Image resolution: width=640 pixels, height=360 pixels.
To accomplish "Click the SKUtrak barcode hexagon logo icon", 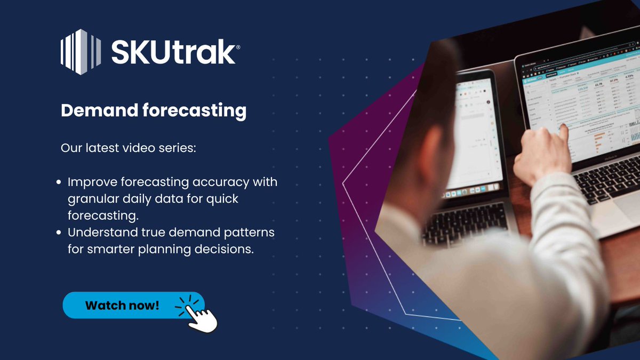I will [81, 52].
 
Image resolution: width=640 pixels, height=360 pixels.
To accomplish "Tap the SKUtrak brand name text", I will [173, 53].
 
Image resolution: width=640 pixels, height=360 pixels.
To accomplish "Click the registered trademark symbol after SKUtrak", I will [238, 47].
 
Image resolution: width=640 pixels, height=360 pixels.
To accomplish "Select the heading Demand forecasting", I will [154, 110].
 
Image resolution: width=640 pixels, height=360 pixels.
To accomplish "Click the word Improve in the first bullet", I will [89, 182].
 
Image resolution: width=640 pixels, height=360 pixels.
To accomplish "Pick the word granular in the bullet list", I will [91, 199].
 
